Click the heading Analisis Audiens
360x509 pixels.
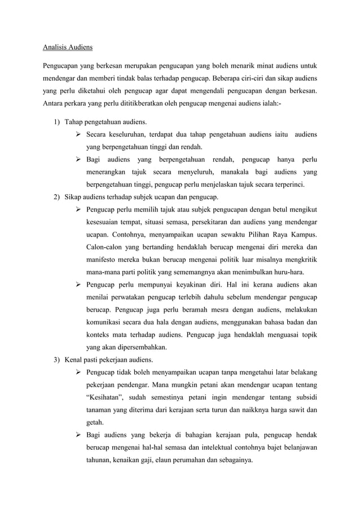[68, 47]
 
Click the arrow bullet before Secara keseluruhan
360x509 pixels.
[79, 135]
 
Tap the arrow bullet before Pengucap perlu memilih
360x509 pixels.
[79, 209]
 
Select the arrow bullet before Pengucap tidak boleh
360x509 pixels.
[79, 372]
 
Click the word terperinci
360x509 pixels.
[285, 185]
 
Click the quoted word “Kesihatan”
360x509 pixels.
[107, 397]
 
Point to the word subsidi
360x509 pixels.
[302, 397]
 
